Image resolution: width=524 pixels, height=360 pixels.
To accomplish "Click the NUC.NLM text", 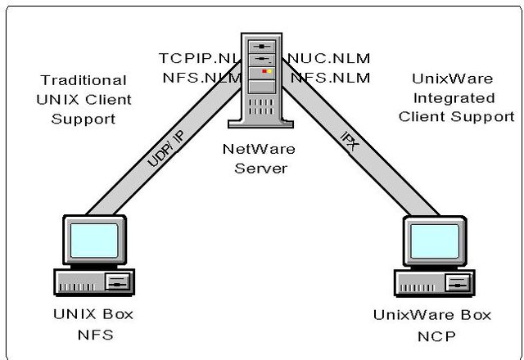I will point(329,58).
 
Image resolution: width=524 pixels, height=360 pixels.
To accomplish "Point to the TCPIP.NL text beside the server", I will point(201,58).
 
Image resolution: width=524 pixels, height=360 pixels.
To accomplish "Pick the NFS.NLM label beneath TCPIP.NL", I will point(201,78).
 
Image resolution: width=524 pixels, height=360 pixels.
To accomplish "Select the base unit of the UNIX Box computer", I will point(93,282).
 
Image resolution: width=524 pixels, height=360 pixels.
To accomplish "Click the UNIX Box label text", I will point(93,314).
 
